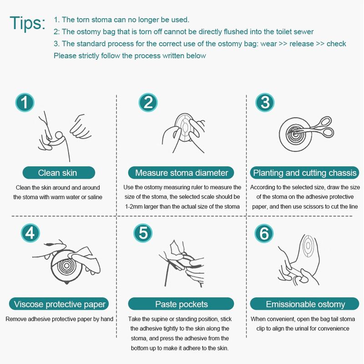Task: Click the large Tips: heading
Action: coord(28,23)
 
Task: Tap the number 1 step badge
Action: coord(25,102)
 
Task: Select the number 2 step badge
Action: coord(148,102)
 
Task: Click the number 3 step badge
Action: coord(265,102)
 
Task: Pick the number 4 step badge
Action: coord(30,233)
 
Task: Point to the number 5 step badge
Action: coord(143,233)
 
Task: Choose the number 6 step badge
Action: coord(264,233)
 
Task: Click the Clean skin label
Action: coord(59,173)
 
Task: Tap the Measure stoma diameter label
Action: coord(181,173)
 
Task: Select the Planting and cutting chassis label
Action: coord(304,173)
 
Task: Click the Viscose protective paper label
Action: coord(59,304)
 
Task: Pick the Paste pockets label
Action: coord(181,304)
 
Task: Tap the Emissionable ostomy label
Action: coord(304,304)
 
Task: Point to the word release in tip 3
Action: coord(302,44)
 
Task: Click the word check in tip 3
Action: coord(336,44)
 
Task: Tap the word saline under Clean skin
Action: coord(95,197)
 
